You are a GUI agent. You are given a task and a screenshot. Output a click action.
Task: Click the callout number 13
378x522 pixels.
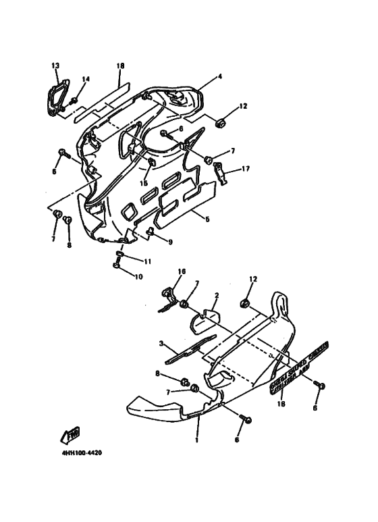[55, 65]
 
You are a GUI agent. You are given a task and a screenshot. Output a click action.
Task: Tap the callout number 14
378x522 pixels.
[85, 80]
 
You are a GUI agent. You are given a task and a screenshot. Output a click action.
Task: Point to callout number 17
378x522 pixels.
[246, 169]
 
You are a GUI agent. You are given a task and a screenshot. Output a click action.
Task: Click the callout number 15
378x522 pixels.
[144, 183]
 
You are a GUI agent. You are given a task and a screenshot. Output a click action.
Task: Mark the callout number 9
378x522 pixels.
[169, 242]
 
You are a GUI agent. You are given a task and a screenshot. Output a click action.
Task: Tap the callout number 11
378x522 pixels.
[148, 260]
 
